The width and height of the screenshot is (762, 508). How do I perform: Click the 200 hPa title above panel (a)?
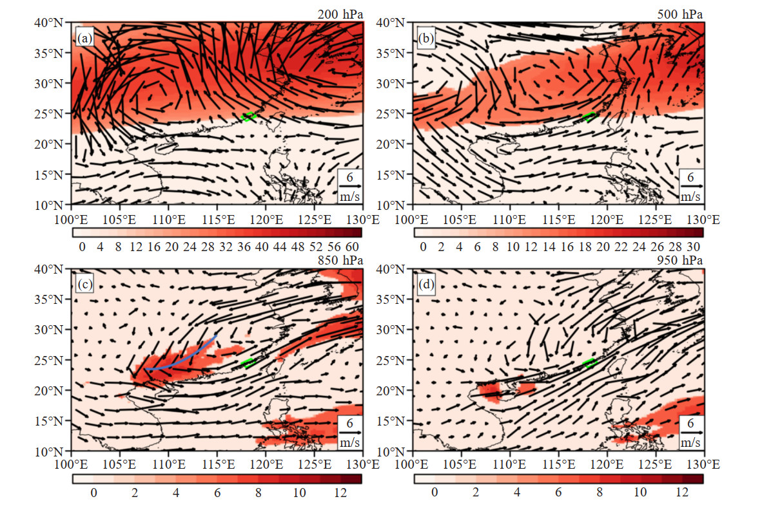(x=340, y=14)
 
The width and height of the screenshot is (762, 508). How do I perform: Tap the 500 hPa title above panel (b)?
(x=680, y=14)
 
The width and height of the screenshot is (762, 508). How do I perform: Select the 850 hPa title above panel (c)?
(x=340, y=261)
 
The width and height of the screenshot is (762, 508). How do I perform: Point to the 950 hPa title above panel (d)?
(x=680, y=261)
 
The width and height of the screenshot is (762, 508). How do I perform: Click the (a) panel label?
(x=84, y=39)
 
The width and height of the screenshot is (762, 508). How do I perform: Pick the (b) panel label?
(x=425, y=39)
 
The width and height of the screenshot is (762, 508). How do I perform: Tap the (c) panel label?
(x=84, y=285)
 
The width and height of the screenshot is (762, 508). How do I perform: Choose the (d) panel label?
(x=425, y=285)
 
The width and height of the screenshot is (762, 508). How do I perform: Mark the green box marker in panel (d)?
(x=589, y=362)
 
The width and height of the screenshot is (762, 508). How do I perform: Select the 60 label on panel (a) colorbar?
(x=352, y=247)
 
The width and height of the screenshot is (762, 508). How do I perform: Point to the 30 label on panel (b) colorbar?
(x=694, y=247)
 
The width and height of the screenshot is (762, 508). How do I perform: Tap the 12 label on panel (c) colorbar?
(x=340, y=493)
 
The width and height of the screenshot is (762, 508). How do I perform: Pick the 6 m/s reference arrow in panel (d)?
(x=691, y=432)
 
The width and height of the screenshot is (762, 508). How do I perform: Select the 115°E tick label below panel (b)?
(x=558, y=220)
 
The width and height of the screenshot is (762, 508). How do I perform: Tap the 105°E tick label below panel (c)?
(x=119, y=465)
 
